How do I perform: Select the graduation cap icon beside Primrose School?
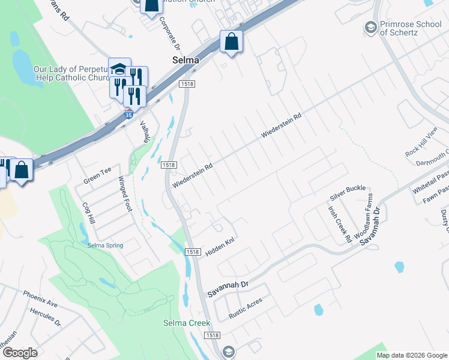pyautogui.click(x=371, y=27)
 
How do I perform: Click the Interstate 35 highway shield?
pyautogui.click(x=128, y=115)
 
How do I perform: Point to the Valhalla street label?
pyautogui.click(x=145, y=131)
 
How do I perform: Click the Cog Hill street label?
pyautogui.click(x=88, y=213)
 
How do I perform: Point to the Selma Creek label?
pyautogui.click(x=187, y=323)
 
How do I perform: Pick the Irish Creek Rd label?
pyautogui.click(x=340, y=225)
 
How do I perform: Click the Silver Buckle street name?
pyautogui.click(x=348, y=193)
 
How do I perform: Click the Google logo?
pyautogui.click(x=19, y=353)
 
